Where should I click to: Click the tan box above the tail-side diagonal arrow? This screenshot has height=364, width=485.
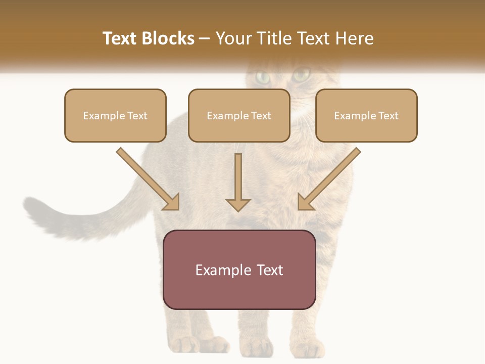(115, 115)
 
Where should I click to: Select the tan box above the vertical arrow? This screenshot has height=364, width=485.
(239, 115)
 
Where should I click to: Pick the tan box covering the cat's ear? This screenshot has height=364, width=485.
(366, 115)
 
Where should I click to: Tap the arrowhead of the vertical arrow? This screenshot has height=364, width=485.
(238, 204)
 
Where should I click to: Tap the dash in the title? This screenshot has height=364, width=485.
(205, 38)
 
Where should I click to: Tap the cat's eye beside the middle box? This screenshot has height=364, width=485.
(301, 76)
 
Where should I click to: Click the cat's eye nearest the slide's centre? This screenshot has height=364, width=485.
(263, 77)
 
